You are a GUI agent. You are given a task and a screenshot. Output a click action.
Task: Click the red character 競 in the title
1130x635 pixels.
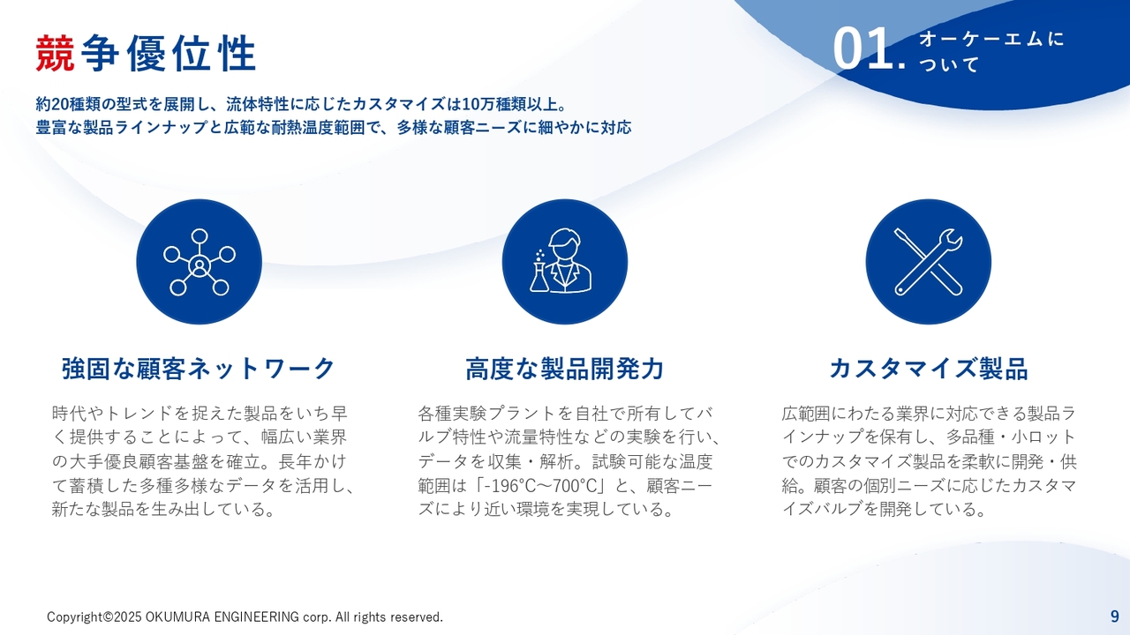tap(55, 54)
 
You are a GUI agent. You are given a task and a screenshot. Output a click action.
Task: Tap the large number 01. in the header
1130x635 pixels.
tap(869, 49)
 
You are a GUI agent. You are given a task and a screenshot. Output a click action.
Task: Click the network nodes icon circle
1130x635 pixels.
tap(200, 262)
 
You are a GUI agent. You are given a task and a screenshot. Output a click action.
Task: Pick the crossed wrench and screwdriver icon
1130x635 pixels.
tap(928, 262)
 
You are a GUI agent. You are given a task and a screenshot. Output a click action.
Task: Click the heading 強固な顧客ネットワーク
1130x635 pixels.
tap(199, 369)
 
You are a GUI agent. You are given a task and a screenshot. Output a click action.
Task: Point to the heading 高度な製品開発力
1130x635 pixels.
tap(564, 369)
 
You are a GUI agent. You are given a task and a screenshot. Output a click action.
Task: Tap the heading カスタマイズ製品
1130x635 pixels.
tap(929, 369)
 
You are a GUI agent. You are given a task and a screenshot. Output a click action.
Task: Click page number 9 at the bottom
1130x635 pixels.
tap(1114, 616)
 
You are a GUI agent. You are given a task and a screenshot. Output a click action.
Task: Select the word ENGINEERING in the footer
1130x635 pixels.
tap(257, 616)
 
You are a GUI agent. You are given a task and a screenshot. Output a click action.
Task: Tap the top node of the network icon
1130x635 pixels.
tap(200, 236)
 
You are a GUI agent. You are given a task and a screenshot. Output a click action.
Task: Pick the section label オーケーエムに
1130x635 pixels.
tap(991, 40)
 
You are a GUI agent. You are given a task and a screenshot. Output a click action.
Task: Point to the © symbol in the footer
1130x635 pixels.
tap(108, 616)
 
